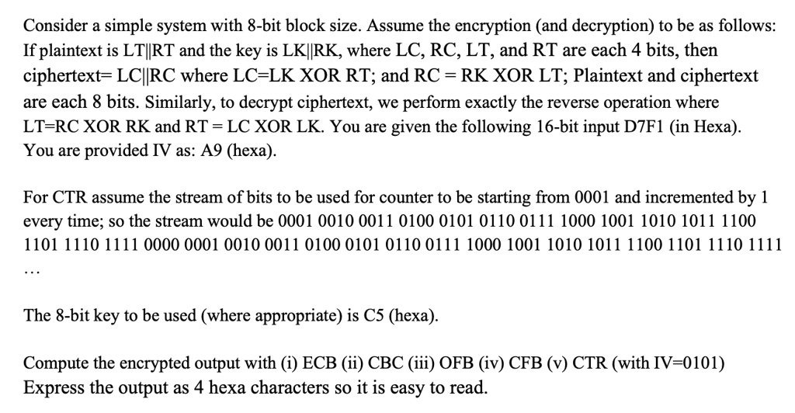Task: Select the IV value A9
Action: click(211, 151)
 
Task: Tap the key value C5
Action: click(374, 316)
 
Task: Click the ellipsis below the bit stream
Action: click(32, 272)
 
